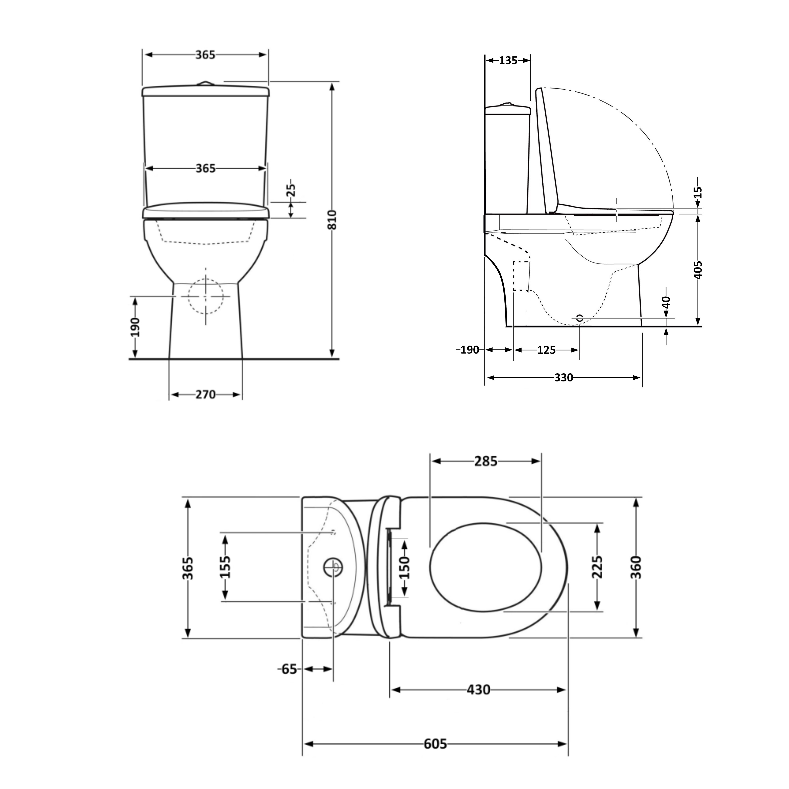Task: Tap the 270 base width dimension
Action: (205, 395)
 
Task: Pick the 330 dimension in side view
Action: (564, 378)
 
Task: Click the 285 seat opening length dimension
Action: (486, 462)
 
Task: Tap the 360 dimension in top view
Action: (636, 567)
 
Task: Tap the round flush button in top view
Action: (334, 567)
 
